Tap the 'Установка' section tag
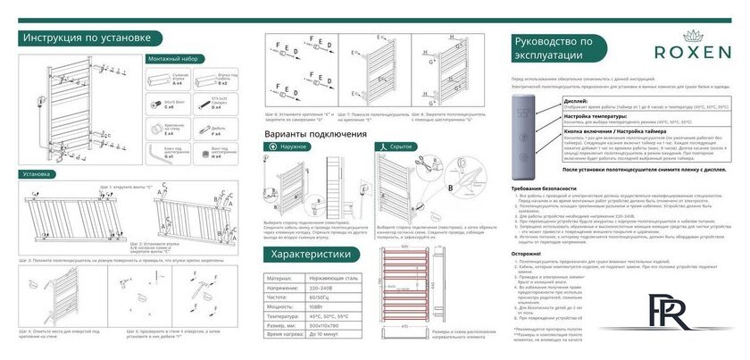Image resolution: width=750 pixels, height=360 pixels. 37,174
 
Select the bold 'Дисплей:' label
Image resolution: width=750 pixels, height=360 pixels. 551,102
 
